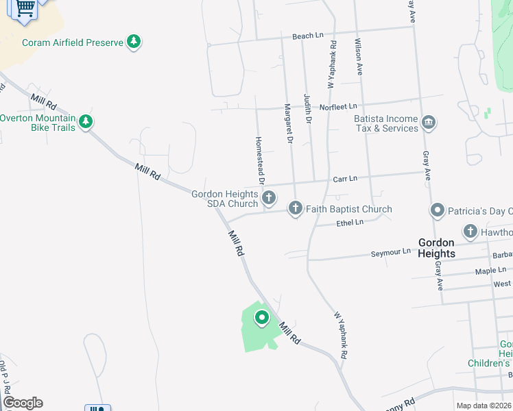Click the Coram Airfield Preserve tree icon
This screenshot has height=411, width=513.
click(x=134, y=42)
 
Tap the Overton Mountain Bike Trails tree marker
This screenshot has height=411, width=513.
click(x=86, y=123)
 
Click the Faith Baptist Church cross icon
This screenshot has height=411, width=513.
click(x=296, y=208)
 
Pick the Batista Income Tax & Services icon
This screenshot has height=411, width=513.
click(x=429, y=123)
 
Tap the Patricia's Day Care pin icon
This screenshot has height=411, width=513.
click(x=437, y=210)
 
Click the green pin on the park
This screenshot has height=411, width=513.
click(x=261, y=318)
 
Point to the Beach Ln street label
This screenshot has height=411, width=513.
click(x=307, y=36)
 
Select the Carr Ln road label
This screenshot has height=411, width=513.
click(x=345, y=178)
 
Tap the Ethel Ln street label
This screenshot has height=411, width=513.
click(x=350, y=223)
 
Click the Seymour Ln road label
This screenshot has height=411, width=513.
click(x=390, y=252)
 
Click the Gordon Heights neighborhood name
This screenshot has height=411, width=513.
click(x=436, y=248)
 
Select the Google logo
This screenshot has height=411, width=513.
click(x=23, y=403)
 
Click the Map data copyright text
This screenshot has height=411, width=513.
click(x=484, y=406)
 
